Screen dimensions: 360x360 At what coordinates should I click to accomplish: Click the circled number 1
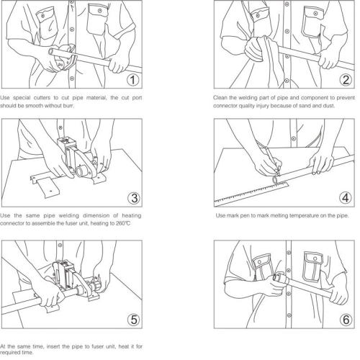pyautogui.click(x=132, y=80)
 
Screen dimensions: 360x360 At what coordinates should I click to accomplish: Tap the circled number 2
pyautogui.click(x=346, y=80)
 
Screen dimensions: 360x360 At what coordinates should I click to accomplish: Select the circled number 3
pyautogui.click(x=134, y=198)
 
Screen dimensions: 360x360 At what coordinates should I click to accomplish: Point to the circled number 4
pyautogui.click(x=346, y=198)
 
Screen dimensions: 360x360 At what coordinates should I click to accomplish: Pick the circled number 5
pyautogui.click(x=134, y=320)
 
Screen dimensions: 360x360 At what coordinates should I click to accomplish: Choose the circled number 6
pyautogui.click(x=346, y=320)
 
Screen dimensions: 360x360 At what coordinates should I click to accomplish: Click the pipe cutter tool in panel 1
pyautogui.click(x=66, y=58)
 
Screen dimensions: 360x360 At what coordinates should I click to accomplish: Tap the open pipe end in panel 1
pyautogui.click(x=51, y=51)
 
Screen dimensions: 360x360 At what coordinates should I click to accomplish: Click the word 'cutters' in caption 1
pyautogui.click(x=42, y=98)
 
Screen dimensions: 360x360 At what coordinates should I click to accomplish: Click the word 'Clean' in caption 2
pyautogui.click(x=220, y=98)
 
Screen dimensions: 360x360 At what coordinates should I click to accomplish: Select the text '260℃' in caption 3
pyautogui.click(x=123, y=223)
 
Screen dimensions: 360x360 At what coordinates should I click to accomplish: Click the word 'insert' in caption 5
pyautogui.click(x=53, y=346)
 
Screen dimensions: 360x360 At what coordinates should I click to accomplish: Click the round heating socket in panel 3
pyautogui.click(x=81, y=171)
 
